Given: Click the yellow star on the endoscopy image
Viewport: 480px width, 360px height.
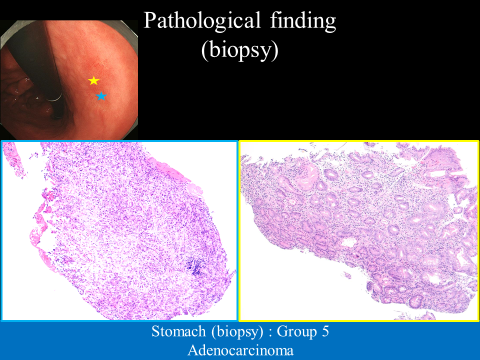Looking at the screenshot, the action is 93,80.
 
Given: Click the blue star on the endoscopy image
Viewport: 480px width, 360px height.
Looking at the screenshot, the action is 101,96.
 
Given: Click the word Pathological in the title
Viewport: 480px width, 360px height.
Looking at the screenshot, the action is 201,21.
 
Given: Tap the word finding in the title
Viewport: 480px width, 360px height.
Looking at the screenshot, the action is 303,21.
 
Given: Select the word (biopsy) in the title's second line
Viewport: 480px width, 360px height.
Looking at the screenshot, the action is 239,50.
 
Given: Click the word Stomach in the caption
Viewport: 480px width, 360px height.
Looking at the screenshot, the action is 178,331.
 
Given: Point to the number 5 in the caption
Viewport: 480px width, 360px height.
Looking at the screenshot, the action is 325,331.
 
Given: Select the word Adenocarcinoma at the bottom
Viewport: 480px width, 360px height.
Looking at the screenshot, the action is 240,350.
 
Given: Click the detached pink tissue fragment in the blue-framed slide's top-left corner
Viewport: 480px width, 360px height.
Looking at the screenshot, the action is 14,159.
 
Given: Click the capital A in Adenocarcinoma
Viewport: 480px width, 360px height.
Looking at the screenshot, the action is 193,350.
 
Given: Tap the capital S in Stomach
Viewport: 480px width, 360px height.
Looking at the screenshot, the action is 156,331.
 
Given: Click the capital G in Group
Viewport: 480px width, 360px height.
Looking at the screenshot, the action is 283,331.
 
